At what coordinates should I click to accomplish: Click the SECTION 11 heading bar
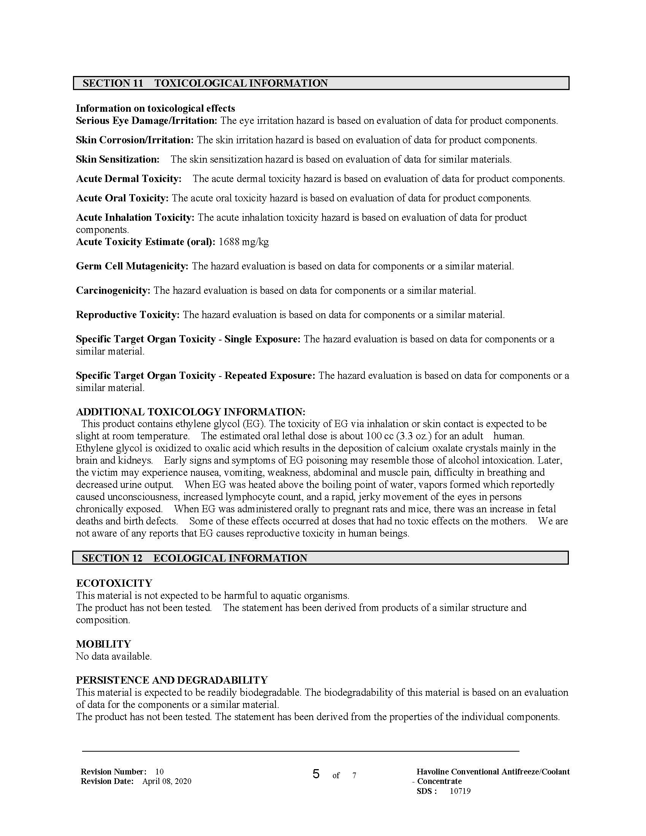point(321,83)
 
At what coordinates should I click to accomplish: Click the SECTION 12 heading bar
point(320,558)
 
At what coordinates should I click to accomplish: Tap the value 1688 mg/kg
point(244,242)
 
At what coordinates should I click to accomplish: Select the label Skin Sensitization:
point(117,159)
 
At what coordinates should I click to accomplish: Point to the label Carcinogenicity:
point(113,291)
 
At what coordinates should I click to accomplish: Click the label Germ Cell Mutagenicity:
point(132,266)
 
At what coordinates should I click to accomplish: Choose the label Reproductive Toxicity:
point(128,315)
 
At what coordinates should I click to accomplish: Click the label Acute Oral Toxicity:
point(122,198)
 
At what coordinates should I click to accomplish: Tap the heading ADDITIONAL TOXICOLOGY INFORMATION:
point(191,412)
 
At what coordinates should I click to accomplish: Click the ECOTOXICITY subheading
point(114,583)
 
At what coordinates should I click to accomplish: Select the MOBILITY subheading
point(103,644)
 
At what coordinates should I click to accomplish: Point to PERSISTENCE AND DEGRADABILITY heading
point(172,680)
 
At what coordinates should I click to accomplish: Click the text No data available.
point(114,656)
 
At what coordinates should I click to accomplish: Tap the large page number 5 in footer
point(316,774)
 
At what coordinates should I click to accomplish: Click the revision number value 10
point(160,772)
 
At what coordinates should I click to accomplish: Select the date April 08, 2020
point(166,781)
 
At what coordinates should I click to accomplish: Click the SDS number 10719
point(460,791)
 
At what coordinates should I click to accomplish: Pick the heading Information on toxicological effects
point(155,108)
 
